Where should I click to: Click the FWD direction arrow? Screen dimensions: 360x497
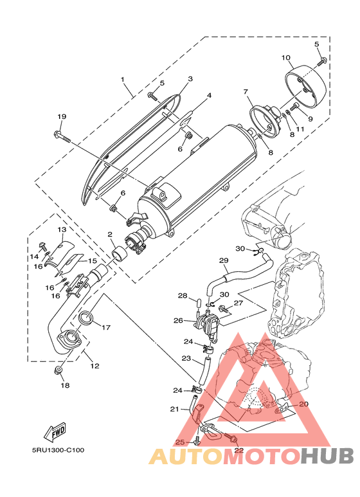coord(55,432)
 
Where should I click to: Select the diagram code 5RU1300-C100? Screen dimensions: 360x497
coord(59,450)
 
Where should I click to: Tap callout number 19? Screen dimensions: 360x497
coord(62,116)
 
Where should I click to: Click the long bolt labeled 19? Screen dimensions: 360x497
coord(63,136)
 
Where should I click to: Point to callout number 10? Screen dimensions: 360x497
coord(286,58)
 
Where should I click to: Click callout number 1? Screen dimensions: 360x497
coord(123,79)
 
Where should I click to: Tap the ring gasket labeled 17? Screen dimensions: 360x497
coord(86,318)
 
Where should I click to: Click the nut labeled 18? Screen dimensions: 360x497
coord(59,370)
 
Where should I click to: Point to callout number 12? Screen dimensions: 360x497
coord(94,366)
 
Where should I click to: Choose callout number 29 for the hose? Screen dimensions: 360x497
coord(224,260)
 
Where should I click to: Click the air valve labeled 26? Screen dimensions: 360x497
coord(208,325)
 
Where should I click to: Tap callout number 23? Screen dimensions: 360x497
coord(186,358)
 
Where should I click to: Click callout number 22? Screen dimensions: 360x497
coord(239,450)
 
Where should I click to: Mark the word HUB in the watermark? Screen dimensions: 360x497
coord(327,456)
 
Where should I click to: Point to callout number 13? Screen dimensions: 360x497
coord(62,229)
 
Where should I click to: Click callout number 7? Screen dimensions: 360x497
coord(246,91)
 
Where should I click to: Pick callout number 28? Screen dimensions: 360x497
coord(183,296)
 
